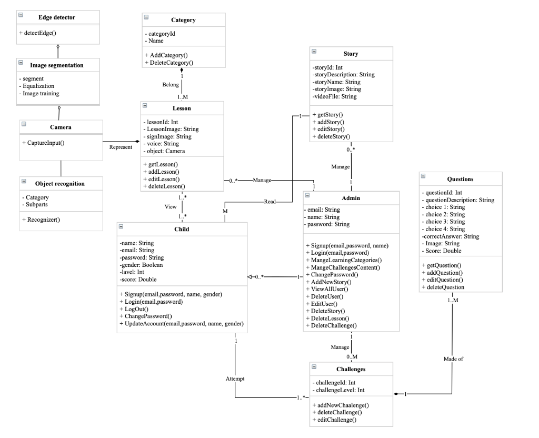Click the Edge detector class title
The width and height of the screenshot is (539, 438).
56,17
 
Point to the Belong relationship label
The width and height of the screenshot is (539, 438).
170,84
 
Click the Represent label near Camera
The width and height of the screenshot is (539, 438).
121,147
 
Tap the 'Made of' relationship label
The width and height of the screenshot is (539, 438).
453,359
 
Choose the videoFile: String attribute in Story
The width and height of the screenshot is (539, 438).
334,97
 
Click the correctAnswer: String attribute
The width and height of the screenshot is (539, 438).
451,236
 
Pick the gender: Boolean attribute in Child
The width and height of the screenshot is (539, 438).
142,265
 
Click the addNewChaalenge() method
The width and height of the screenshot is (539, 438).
340,405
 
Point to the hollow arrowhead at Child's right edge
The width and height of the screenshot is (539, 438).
251,277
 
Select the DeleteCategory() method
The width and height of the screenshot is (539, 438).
168,63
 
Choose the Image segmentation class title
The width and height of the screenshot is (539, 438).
57,65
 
